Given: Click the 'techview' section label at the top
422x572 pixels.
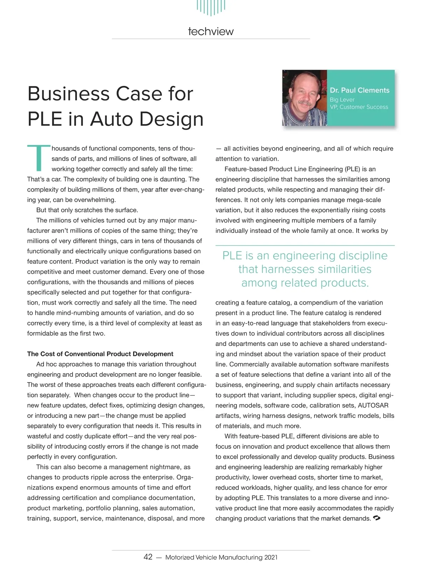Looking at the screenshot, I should pos(211,31).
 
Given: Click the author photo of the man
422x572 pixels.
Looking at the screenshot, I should pos(305,98).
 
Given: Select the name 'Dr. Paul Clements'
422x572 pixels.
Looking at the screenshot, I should pos(359,90).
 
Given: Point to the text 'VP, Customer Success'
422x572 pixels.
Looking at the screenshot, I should pos(359,107).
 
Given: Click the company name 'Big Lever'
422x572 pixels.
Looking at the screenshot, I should pos(342,100).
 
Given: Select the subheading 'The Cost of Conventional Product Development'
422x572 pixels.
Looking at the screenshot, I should pos(100,354).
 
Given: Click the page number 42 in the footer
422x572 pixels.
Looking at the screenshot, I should pos(148,557).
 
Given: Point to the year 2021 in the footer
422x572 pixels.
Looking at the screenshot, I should pos(271,557).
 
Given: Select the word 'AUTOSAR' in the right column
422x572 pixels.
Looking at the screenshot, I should pos(373,405).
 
